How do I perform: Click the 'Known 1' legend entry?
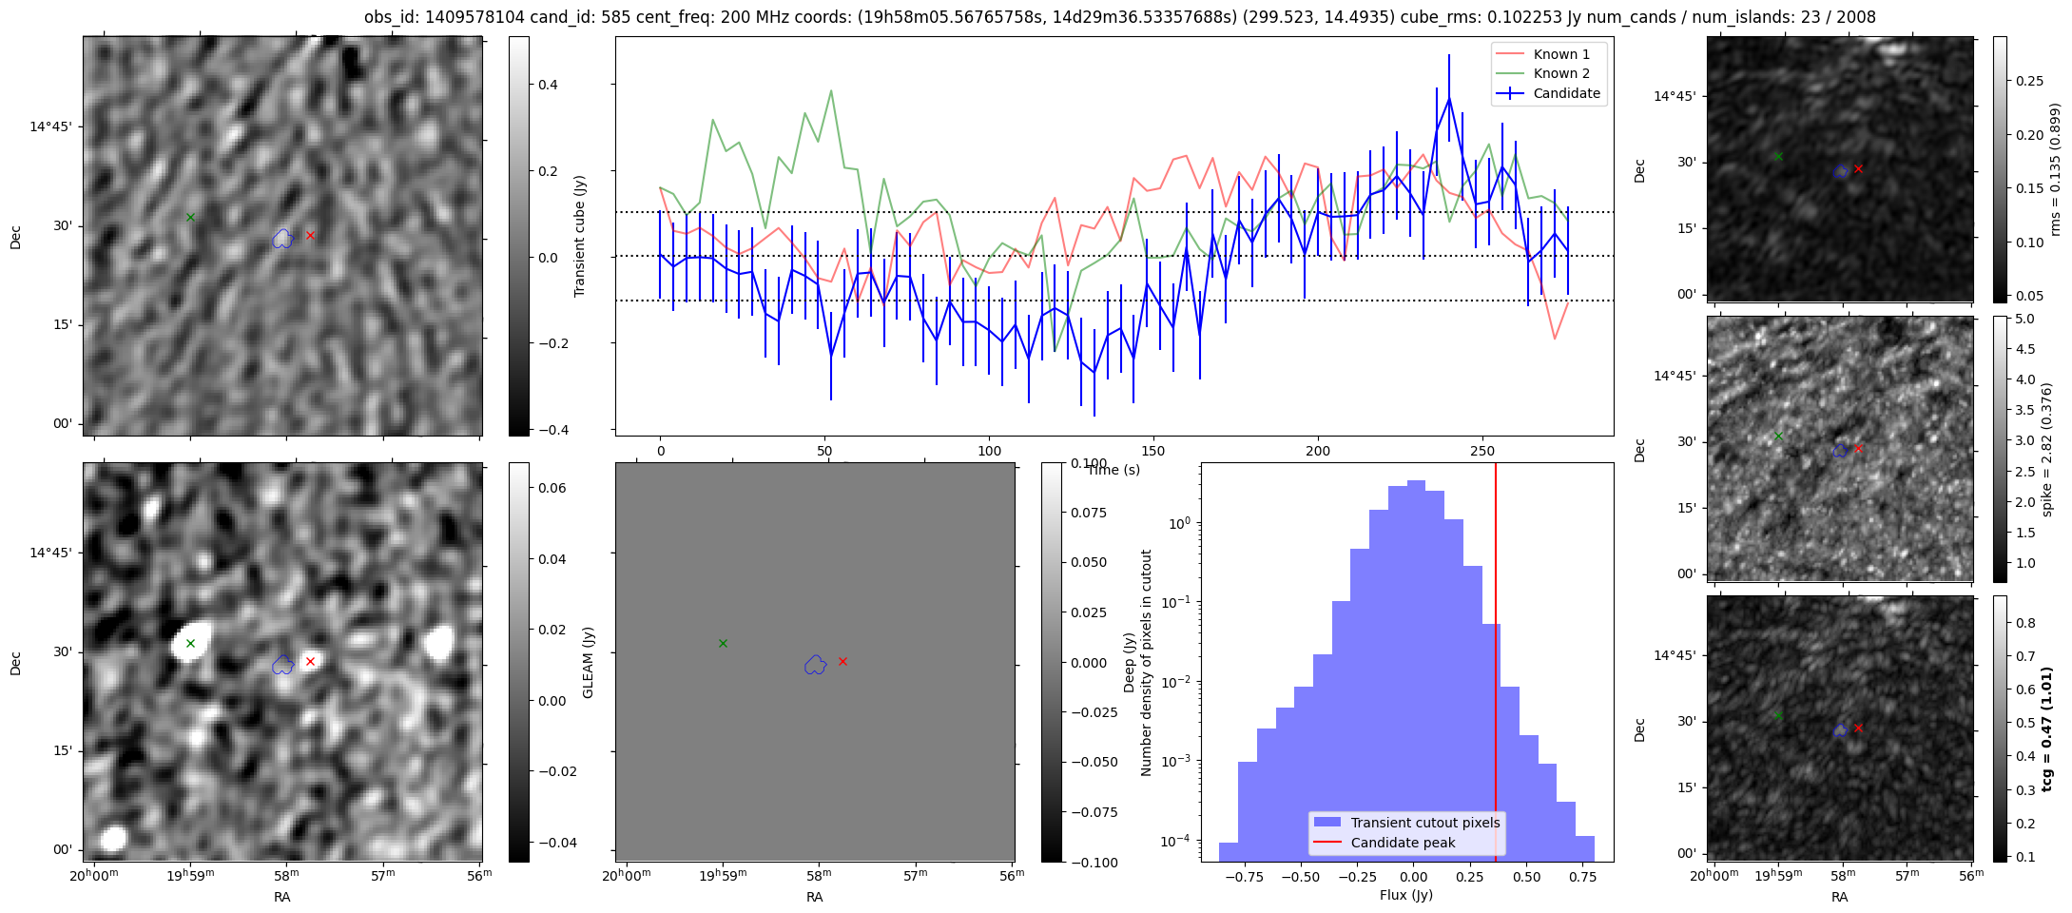(1561, 54)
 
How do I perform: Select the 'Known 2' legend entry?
(1561, 73)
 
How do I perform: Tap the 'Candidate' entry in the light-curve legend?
(1566, 93)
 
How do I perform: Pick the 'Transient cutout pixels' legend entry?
(1424, 823)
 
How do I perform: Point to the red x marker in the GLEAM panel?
(842, 661)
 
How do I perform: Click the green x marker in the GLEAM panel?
(723, 644)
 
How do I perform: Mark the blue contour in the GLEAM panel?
(815, 665)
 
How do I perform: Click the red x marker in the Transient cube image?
(310, 235)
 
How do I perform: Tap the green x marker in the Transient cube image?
(190, 218)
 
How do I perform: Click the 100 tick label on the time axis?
(989, 451)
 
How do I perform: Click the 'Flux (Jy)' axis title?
(1405, 895)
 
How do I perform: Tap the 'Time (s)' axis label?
(1113, 470)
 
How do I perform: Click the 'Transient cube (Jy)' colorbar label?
(580, 236)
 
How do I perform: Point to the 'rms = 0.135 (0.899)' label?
(2055, 169)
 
